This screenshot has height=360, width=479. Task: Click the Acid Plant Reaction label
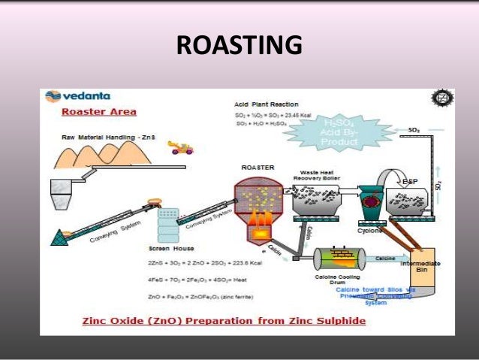[265, 104]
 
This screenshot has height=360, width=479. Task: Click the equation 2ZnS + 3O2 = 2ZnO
[214, 263]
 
